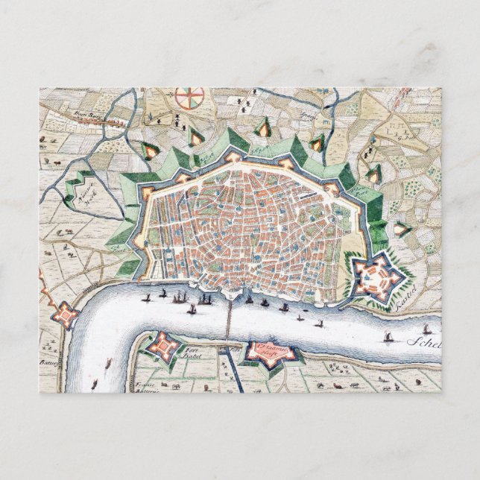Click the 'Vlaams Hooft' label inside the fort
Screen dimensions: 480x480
(x=269, y=350)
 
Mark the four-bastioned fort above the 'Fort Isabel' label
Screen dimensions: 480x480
(x=162, y=345)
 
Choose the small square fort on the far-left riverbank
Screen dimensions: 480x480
(x=66, y=315)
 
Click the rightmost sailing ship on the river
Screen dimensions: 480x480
(x=427, y=329)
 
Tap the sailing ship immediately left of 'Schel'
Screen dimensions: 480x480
(x=388, y=338)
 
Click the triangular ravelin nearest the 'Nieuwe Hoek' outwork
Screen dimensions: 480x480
(x=149, y=150)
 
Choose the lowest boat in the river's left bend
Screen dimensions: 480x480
(x=108, y=365)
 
